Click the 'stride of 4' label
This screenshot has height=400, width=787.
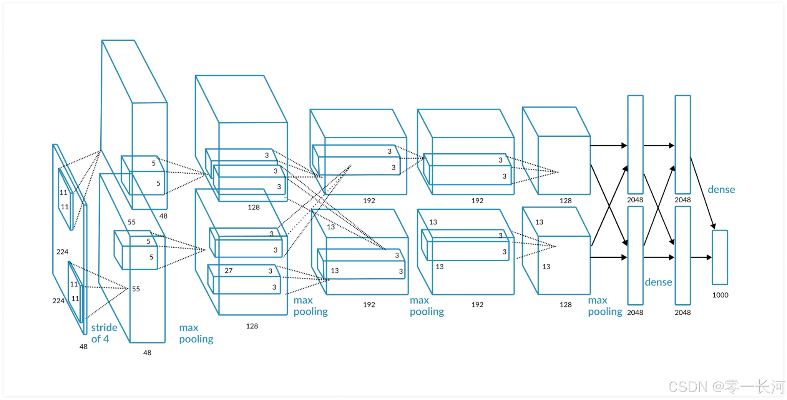104,333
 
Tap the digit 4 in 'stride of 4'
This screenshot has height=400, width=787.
106,339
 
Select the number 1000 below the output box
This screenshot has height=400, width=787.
720,295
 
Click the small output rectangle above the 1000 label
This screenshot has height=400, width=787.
720,257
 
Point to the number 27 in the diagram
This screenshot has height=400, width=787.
228,271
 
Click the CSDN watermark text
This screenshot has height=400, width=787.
688,387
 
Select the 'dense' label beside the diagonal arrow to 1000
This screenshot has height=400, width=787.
721,189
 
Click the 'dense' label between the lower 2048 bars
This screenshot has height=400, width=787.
658,282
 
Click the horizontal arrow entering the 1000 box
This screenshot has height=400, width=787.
701,257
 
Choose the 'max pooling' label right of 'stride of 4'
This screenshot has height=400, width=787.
196,333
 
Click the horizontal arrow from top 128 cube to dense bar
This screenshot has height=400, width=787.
608,146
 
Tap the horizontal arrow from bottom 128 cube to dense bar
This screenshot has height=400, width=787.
608,257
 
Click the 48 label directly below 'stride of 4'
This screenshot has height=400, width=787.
83,347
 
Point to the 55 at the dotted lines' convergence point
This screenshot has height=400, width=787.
136,289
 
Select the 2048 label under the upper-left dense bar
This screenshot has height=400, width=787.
635,200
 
